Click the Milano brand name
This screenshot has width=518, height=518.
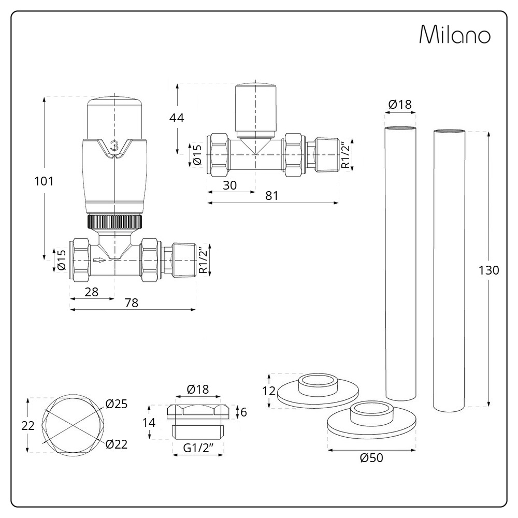(x=454, y=35)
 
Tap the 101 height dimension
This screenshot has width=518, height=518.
(x=44, y=181)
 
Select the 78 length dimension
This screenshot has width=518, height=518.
(x=132, y=304)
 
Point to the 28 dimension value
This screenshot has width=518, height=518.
(x=91, y=291)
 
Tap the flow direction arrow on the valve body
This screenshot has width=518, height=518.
(x=99, y=260)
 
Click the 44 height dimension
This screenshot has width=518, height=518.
(x=177, y=118)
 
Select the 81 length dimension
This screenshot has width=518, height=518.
(x=272, y=196)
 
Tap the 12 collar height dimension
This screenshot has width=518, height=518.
(x=268, y=391)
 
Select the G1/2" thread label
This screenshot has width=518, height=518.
(x=197, y=449)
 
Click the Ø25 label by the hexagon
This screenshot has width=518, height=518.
(x=116, y=404)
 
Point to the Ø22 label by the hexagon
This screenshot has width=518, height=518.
(x=116, y=444)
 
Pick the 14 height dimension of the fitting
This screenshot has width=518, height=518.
(x=149, y=422)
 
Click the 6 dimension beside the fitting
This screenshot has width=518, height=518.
(x=243, y=412)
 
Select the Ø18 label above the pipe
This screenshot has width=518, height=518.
(x=399, y=104)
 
